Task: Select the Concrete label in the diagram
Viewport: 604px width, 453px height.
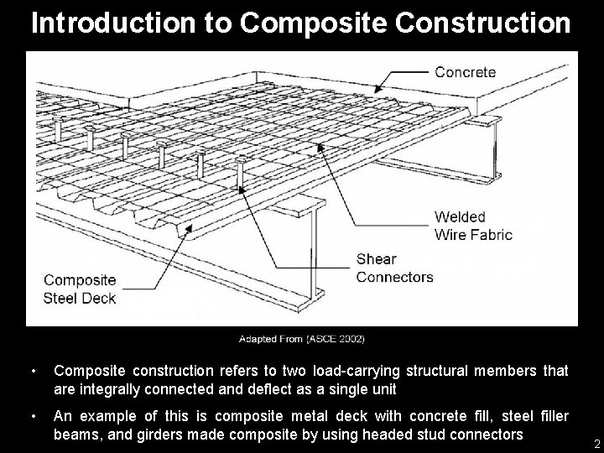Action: coord(465,72)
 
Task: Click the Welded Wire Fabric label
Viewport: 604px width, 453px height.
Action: coord(473,226)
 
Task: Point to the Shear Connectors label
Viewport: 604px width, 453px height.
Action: coord(394,268)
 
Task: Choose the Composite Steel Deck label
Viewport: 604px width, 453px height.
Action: coord(80,289)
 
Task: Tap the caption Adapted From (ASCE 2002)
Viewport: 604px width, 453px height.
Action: coord(301,339)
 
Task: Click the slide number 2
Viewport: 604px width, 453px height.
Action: coord(596,443)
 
